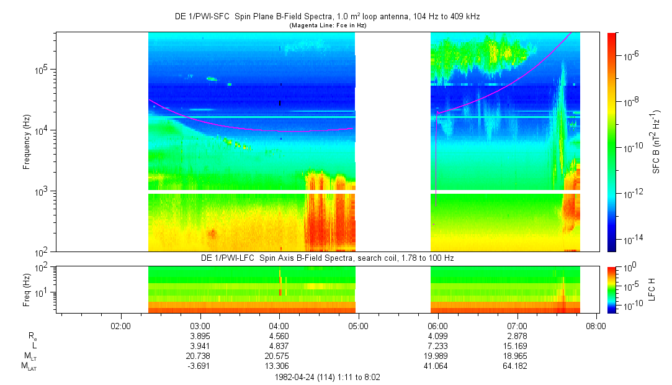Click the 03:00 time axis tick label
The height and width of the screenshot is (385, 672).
pos(200,326)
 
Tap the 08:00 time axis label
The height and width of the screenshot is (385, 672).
pos(596,326)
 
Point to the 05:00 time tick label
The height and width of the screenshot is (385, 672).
pos(358,326)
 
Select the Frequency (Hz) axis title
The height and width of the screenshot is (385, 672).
pos(27,142)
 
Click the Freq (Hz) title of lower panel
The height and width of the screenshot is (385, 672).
pos(27,290)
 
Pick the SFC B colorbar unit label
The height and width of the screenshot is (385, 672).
pos(656,142)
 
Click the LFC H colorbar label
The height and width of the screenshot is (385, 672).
pos(652,289)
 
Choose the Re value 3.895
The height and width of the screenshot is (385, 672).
pos(200,336)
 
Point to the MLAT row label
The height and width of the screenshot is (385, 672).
pos(29,366)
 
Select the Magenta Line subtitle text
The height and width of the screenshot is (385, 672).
pos(328,25)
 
